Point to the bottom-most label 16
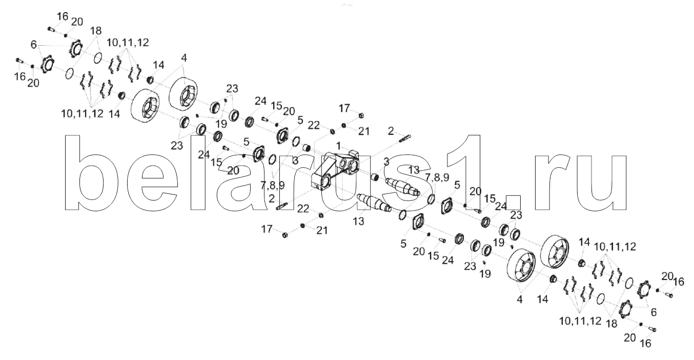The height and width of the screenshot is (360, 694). click(x=646, y=344)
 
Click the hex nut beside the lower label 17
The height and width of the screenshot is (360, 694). click(x=285, y=235)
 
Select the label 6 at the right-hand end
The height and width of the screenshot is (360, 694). click(x=655, y=311)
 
